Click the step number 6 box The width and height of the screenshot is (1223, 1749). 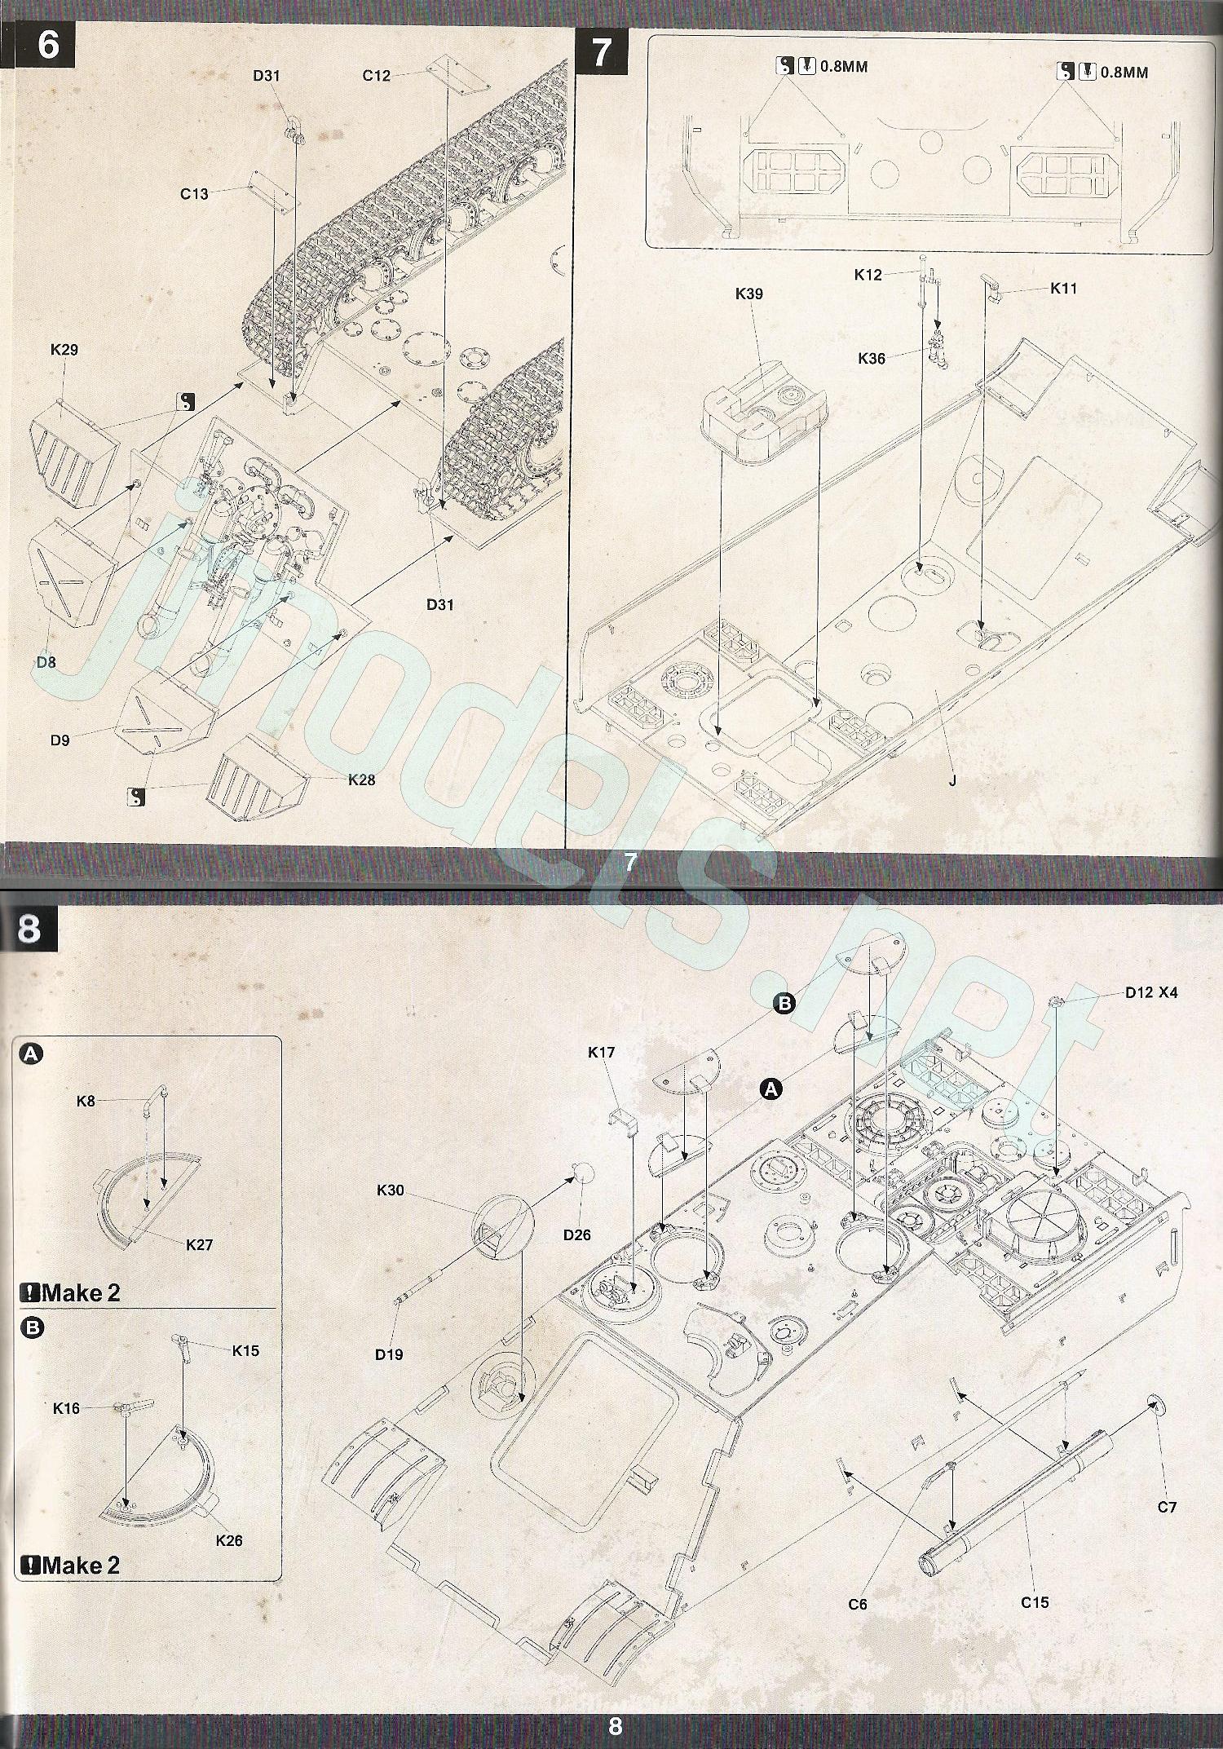tap(47, 46)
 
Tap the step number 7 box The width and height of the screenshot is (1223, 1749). tap(602, 52)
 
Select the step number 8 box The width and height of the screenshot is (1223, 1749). tap(30, 929)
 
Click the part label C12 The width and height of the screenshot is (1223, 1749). tap(377, 76)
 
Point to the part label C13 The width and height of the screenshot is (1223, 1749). tap(194, 194)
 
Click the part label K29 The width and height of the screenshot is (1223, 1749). tap(64, 350)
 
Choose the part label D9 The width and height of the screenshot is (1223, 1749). tap(60, 740)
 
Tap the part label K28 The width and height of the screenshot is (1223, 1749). tap(361, 780)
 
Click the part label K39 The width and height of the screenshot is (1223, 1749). tap(748, 294)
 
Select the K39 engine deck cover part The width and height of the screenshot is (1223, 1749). tap(762, 420)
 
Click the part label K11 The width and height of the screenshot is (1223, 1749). tap(1063, 288)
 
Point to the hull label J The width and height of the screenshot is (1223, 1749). tap(952, 780)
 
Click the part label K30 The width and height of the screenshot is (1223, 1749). tap(391, 1190)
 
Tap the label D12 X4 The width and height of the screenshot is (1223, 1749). tap(1151, 992)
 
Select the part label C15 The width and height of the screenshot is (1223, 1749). tap(1035, 1601)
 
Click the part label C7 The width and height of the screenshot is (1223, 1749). tap(1167, 1507)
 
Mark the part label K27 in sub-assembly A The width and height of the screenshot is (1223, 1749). tap(199, 1244)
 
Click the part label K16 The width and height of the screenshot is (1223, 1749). tap(66, 1407)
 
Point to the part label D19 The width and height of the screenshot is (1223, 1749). tap(389, 1354)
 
